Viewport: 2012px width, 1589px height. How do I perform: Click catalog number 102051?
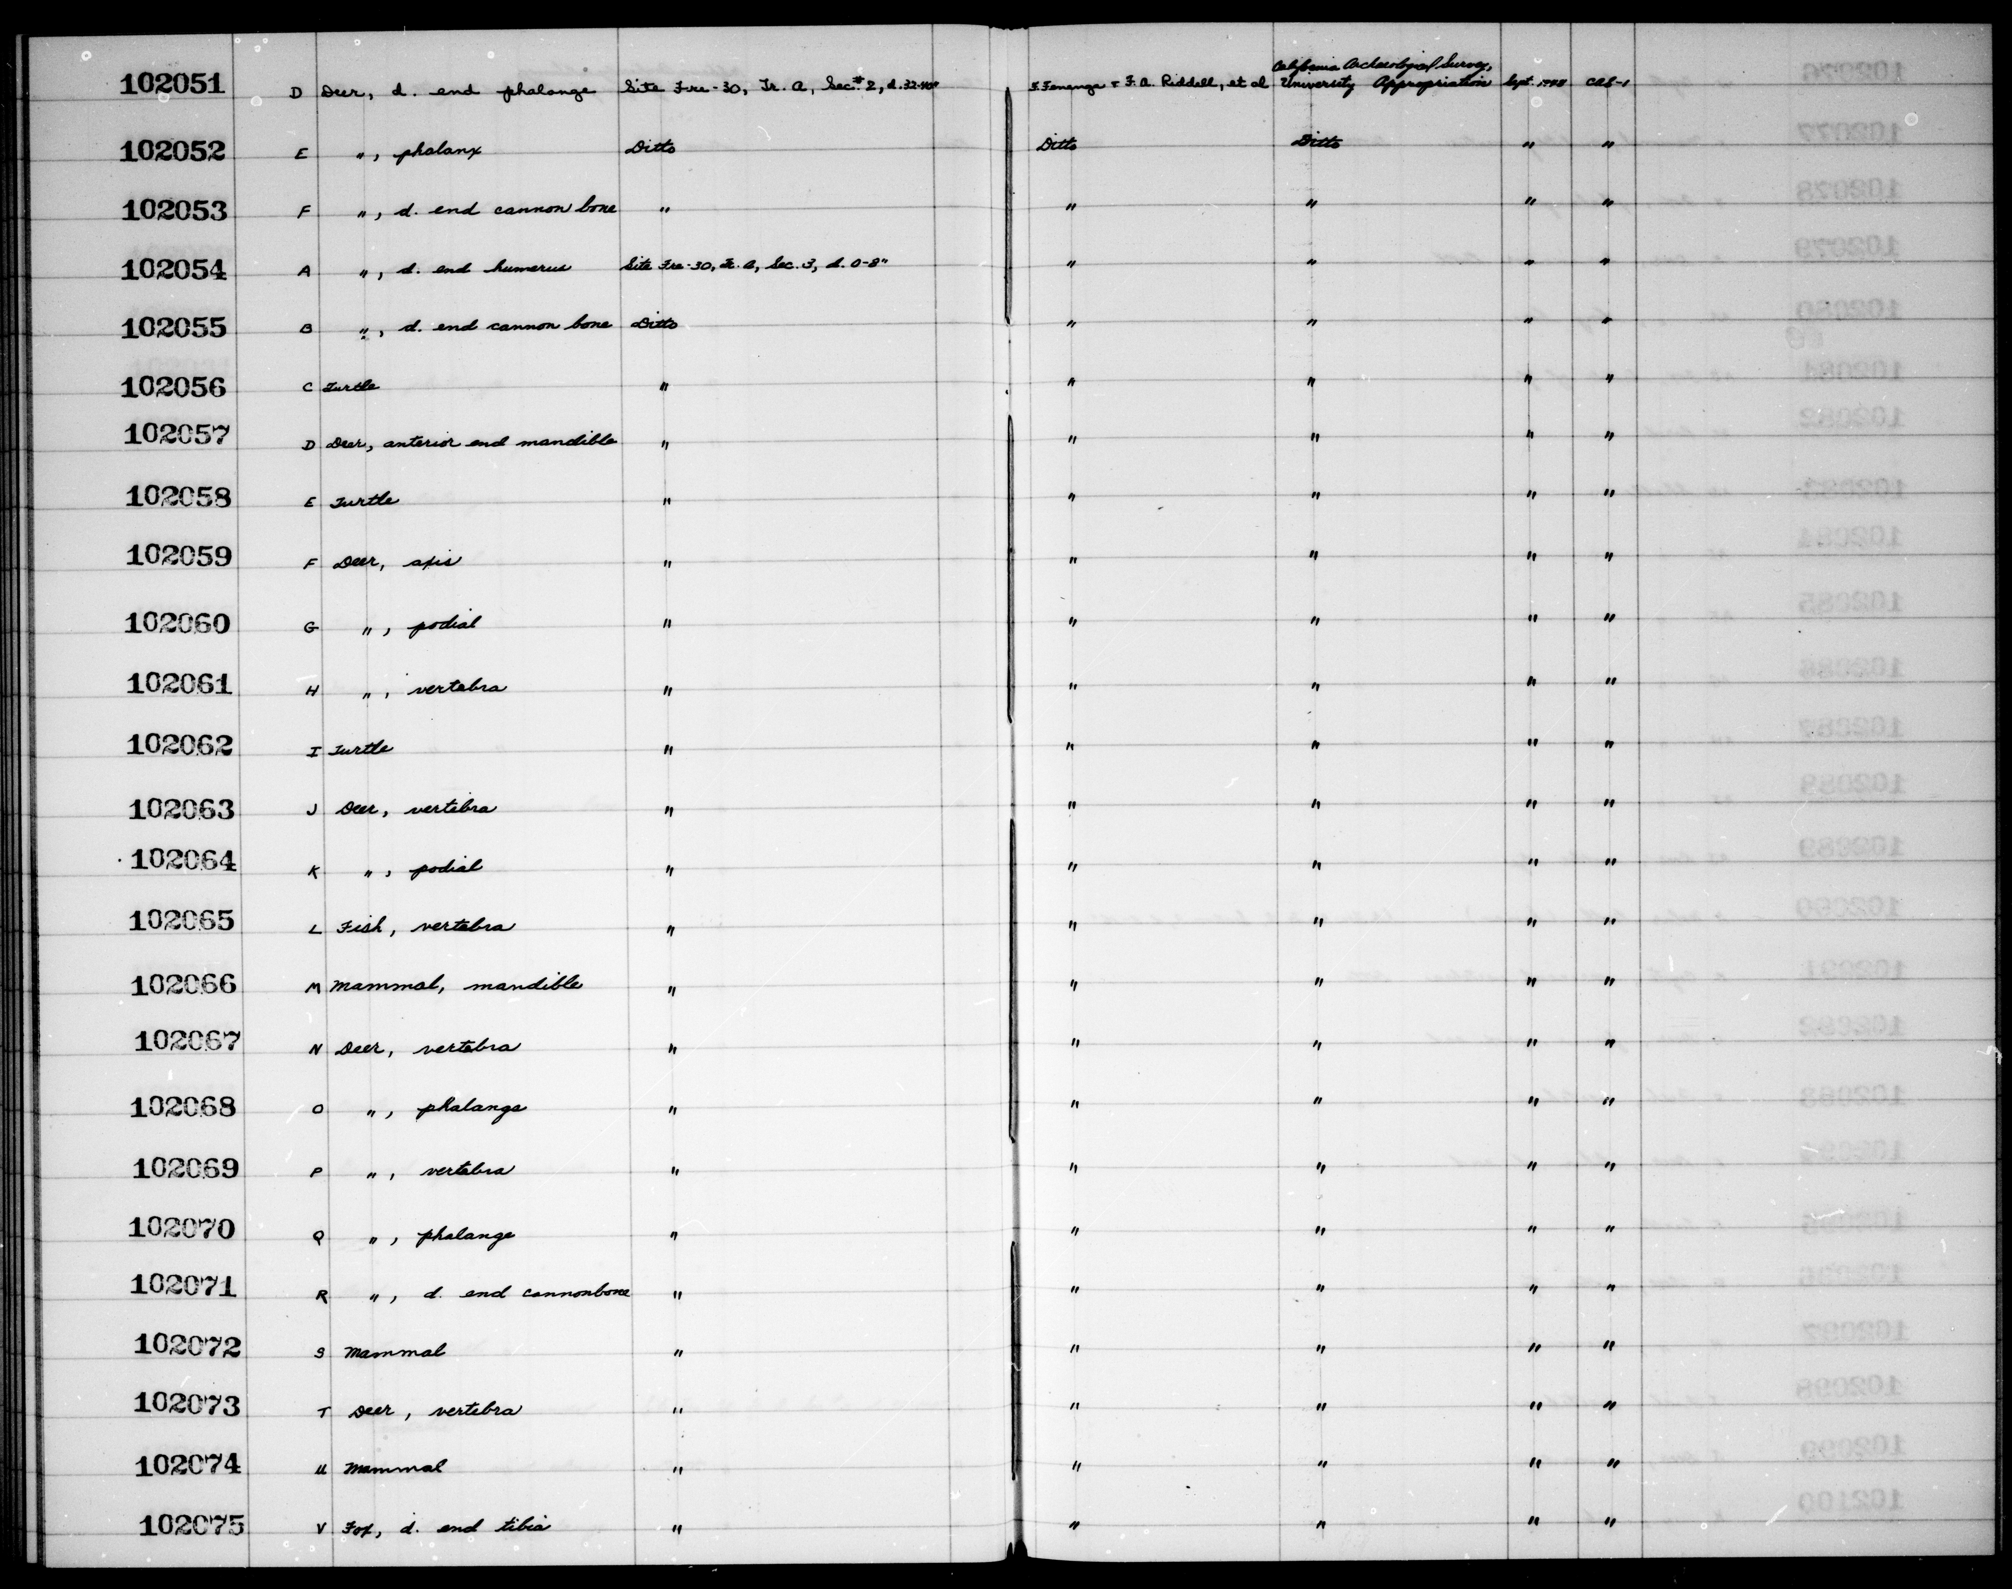pos(173,85)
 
